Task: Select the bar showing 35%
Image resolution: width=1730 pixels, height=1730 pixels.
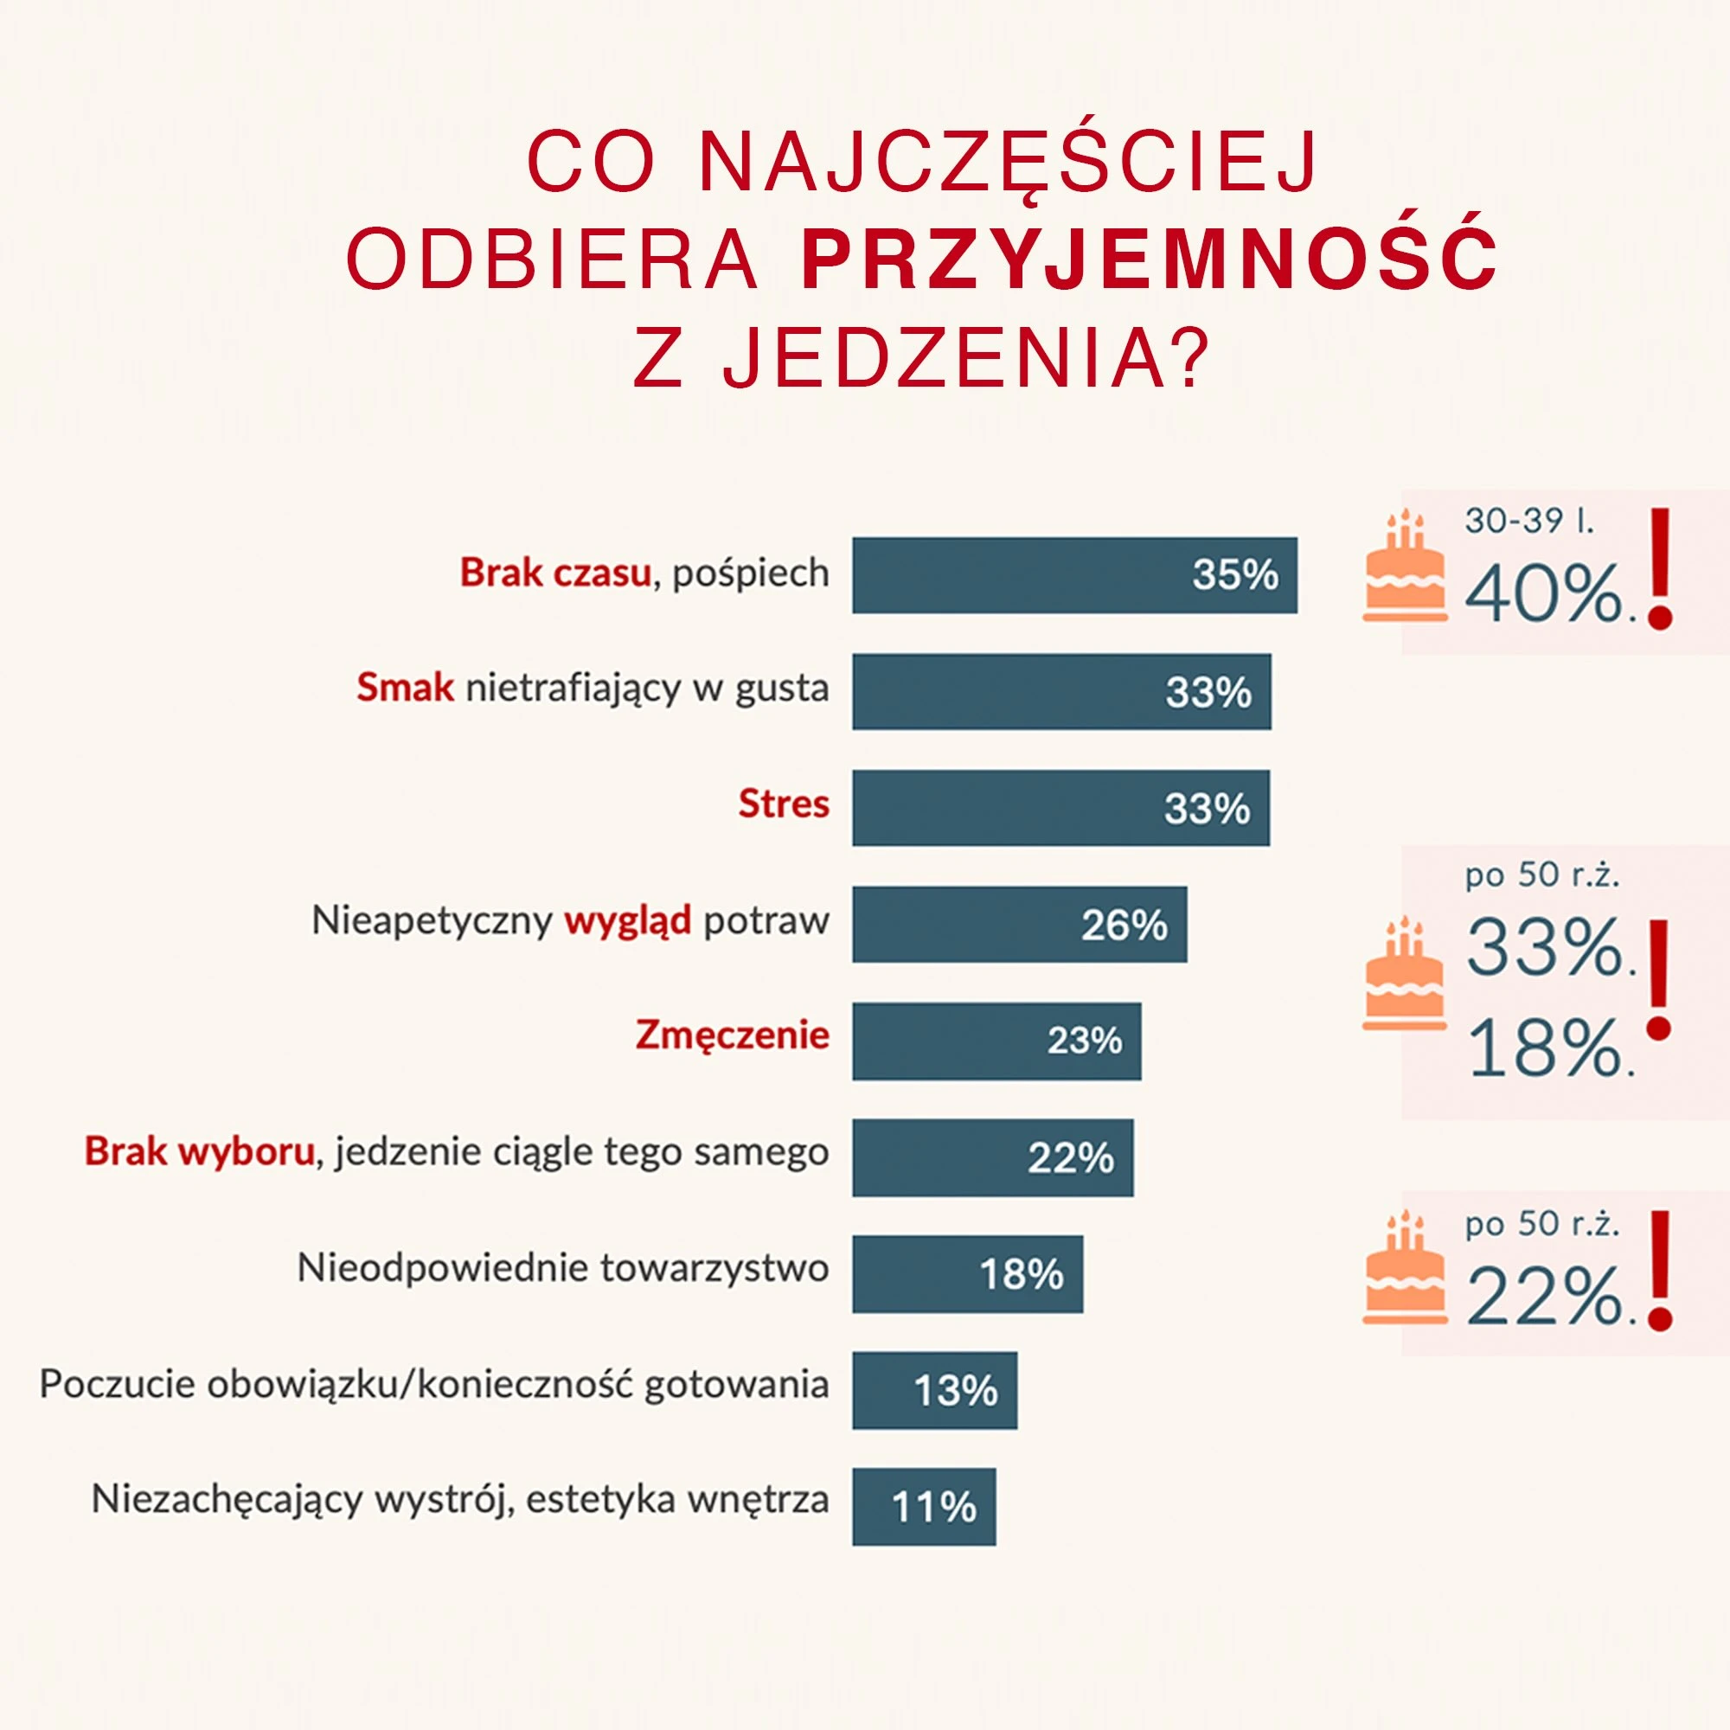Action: coord(1073,575)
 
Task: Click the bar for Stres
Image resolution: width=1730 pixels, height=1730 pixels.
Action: coord(1060,807)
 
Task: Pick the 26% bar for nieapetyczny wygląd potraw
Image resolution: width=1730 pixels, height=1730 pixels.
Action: coord(1019,924)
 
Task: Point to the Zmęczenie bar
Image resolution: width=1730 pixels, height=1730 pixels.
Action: coord(996,1041)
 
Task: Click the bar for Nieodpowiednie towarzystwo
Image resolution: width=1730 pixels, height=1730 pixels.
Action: coord(967,1273)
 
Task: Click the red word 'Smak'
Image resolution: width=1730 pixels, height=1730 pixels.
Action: coord(405,689)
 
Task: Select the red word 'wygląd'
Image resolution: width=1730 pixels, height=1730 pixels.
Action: coord(627,920)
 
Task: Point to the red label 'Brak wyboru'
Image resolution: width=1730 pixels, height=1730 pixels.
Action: coord(199,1151)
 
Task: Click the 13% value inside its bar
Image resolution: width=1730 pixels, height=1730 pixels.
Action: coord(956,1391)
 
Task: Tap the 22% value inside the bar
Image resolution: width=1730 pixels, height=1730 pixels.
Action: coord(1071,1158)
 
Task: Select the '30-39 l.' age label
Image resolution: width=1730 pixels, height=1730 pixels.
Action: coord(1528,520)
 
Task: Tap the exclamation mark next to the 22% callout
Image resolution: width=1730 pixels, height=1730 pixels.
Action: coord(1659,1272)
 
